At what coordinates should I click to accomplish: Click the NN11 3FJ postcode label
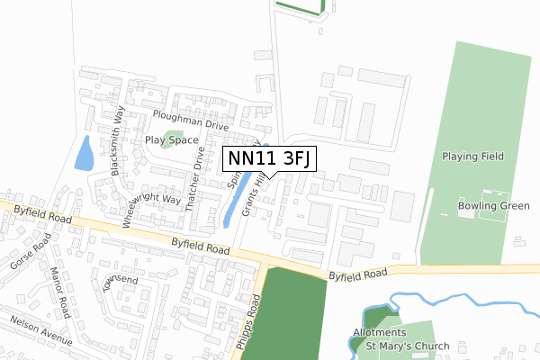pos(268,158)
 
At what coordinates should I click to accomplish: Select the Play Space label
pos(171,140)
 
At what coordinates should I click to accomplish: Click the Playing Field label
pos(475,157)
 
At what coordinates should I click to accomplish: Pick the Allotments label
pos(379,332)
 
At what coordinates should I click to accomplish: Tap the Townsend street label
pos(121,281)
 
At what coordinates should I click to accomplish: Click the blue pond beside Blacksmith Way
pos(84,155)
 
